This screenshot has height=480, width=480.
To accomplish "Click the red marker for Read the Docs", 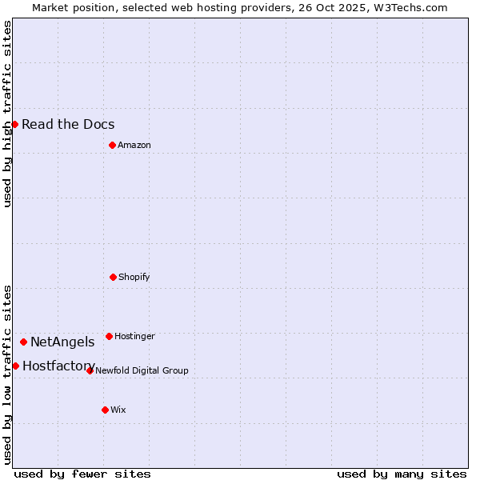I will [14, 124].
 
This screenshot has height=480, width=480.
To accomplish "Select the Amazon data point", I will [112, 145].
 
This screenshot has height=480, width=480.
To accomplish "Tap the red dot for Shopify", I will [113, 277].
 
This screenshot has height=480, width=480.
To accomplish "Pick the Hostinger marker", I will [109, 336].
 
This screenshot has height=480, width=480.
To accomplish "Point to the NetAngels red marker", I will [23, 342].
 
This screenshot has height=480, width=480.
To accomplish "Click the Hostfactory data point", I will [15, 366].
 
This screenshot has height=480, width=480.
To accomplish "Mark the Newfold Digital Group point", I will [90, 370].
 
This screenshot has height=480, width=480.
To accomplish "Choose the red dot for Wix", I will [105, 410].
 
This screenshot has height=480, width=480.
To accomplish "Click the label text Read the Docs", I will [68, 124].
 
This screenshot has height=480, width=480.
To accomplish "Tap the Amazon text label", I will [134, 145].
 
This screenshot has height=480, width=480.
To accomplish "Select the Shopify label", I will [134, 277].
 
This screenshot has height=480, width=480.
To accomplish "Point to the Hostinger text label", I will [134, 336].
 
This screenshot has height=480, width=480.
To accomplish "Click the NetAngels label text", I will [62, 342].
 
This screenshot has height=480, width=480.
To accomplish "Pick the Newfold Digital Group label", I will [142, 370].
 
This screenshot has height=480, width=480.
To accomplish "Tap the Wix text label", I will [118, 410].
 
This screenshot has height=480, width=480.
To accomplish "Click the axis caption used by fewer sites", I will [82, 474].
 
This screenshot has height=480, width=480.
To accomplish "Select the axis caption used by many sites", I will [402, 474].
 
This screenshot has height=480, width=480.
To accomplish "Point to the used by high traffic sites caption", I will [7, 114].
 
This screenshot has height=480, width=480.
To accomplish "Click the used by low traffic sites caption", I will [7, 374].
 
